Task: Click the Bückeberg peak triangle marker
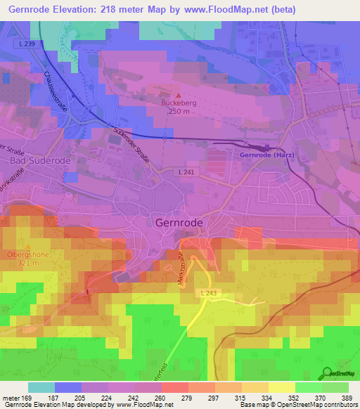[178, 95]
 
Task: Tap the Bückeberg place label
[178, 103]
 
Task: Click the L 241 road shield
[186, 171]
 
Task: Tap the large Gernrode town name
[178, 222]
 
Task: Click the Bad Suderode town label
[36, 160]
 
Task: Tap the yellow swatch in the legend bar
[282, 387]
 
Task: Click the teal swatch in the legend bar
[41, 387]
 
